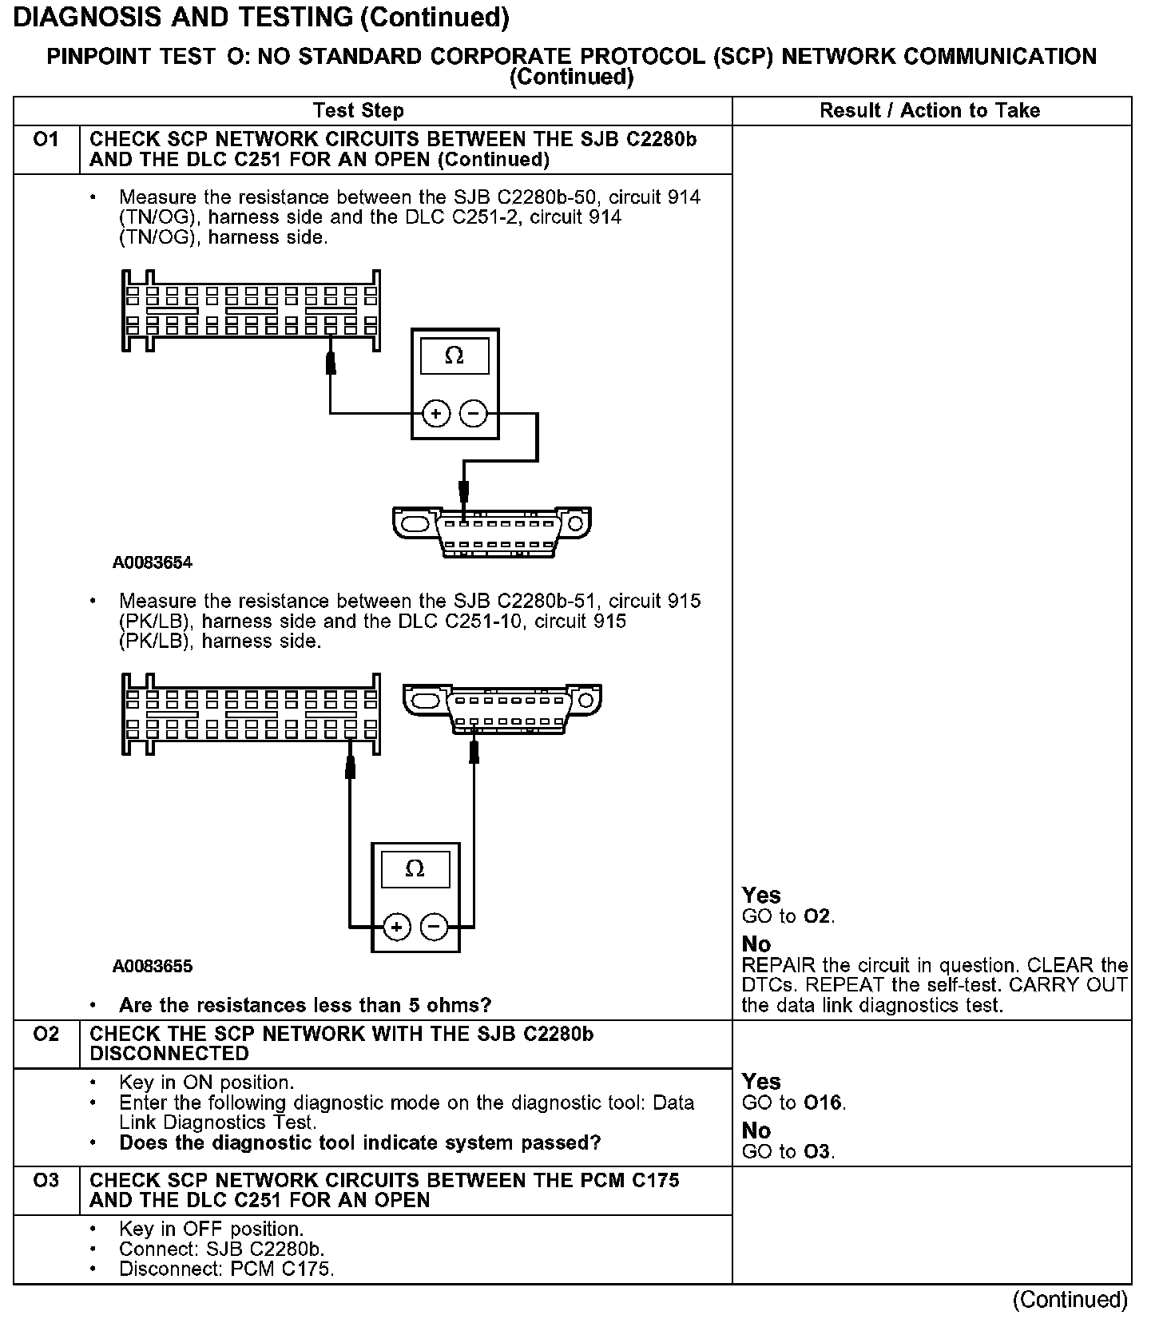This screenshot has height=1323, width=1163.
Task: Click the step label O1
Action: click(x=46, y=141)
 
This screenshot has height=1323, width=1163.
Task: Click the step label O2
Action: click(x=46, y=1035)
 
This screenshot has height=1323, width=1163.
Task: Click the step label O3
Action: click(x=46, y=1181)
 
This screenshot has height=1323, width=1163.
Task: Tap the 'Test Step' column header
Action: click(x=359, y=111)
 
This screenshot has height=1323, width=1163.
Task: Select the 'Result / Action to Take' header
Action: click(x=930, y=111)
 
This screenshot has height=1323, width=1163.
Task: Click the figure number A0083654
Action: click(x=153, y=563)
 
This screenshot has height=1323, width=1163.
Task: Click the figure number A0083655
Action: click(x=153, y=967)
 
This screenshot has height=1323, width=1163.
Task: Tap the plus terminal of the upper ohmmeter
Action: click(x=436, y=414)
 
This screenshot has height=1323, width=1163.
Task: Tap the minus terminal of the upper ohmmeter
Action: click(x=474, y=414)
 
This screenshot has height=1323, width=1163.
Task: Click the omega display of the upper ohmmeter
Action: click(x=454, y=356)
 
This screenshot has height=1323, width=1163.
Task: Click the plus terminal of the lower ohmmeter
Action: click(x=397, y=927)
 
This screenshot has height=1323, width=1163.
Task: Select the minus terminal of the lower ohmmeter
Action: click(x=435, y=927)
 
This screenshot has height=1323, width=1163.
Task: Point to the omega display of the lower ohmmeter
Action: click(x=415, y=869)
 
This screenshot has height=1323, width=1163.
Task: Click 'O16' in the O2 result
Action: click(x=823, y=1103)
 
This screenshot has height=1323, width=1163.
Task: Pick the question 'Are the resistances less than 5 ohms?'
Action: click(x=305, y=1005)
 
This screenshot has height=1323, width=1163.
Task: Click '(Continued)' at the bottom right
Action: click(x=1070, y=1301)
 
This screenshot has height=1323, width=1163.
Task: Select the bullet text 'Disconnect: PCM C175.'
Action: click(x=226, y=1269)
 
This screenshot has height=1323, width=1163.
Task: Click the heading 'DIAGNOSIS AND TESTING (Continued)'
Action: click(x=261, y=18)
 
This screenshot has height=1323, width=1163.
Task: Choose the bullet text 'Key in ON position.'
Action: click(x=206, y=1083)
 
